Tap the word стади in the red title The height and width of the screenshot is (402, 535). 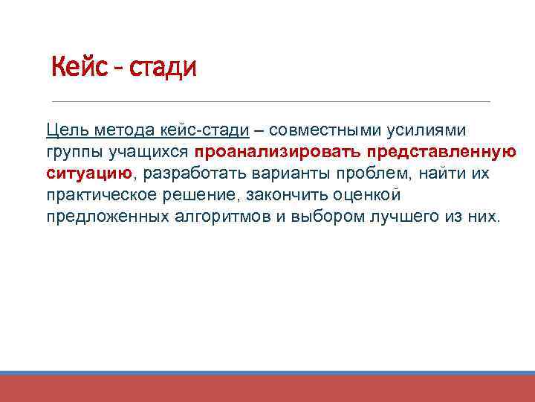162,68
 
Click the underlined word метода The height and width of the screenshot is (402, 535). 123,130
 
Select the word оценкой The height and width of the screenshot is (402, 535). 366,195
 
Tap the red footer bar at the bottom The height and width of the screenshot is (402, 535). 267,389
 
